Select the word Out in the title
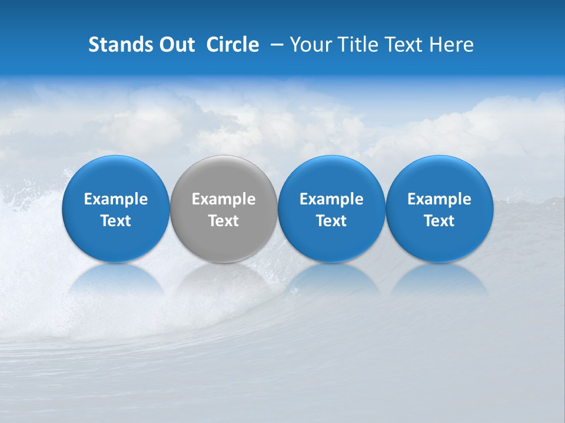pyautogui.click(x=175, y=45)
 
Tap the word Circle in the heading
pyautogui.click(x=232, y=45)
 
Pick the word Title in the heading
pyautogui.click(x=356, y=45)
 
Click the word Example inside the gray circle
pyautogui.click(x=224, y=199)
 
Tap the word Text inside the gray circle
pyautogui.click(x=224, y=221)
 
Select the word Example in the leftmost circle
pyautogui.click(x=115, y=199)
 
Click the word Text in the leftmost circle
pyautogui.click(x=115, y=221)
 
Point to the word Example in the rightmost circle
pyautogui.click(x=439, y=199)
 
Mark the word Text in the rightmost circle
pyautogui.click(x=439, y=221)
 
